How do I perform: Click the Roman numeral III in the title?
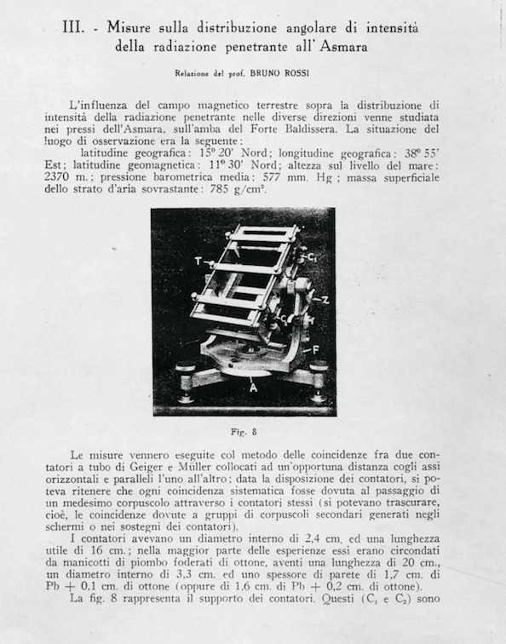click(76, 28)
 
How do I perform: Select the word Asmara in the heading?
click(340, 48)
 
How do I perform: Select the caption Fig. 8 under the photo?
click(244, 431)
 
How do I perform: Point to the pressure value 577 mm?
click(308, 176)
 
